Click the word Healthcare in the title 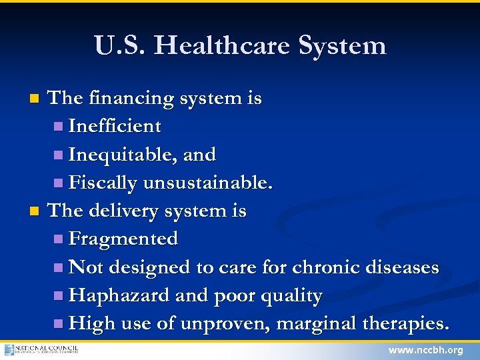pyautogui.click(x=226, y=45)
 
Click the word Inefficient pyautogui.click(x=115, y=126)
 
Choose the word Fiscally pyautogui.click(x=103, y=183)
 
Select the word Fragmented pyautogui.click(x=123, y=239)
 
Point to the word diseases pyautogui.click(x=401, y=267)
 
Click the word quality pyautogui.click(x=292, y=295)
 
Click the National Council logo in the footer pyautogui.click(x=41, y=349)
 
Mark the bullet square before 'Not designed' pyautogui.click(x=59, y=268)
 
